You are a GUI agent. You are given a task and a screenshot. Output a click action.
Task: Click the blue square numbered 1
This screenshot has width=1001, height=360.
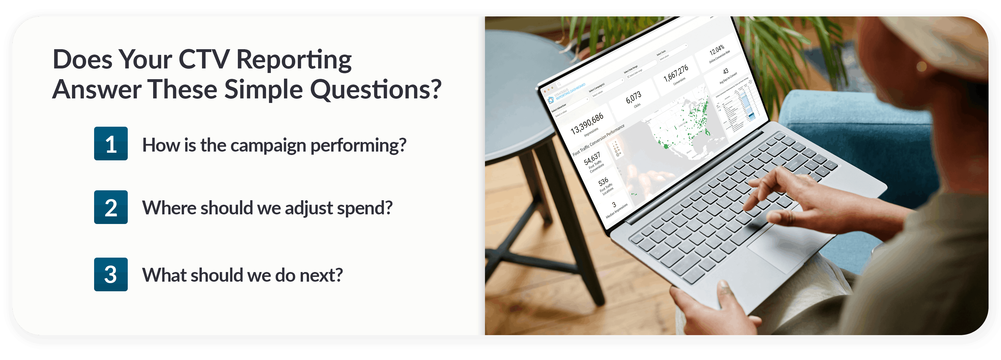pyautogui.click(x=111, y=143)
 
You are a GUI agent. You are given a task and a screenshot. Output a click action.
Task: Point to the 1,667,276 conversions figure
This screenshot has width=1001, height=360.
pyautogui.click(x=676, y=73)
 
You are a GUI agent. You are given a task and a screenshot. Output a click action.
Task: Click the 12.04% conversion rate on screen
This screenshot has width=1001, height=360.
pyautogui.click(x=717, y=50)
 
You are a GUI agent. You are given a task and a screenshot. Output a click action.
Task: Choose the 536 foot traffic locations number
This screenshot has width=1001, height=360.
pyautogui.click(x=603, y=182)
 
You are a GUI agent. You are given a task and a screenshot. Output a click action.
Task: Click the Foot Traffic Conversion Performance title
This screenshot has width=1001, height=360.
pyautogui.click(x=599, y=140)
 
